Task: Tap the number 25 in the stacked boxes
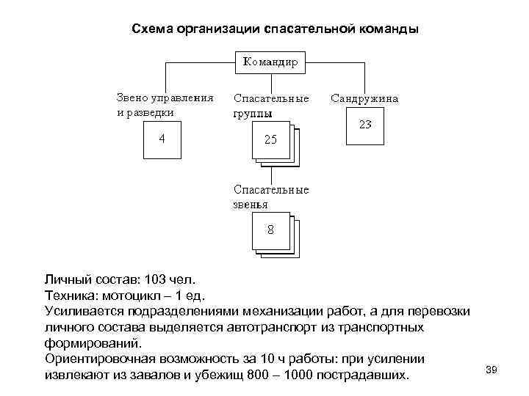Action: tap(270, 139)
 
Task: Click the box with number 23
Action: tap(365, 127)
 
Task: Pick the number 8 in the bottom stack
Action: tap(270, 230)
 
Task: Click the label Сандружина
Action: tap(365, 97)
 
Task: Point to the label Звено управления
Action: tap(165, 97)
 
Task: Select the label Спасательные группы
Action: tap(270, 105)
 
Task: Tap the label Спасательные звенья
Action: tap(270, 197)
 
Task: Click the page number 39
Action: tap(492, 370)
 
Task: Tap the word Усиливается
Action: tap(83, 311)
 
